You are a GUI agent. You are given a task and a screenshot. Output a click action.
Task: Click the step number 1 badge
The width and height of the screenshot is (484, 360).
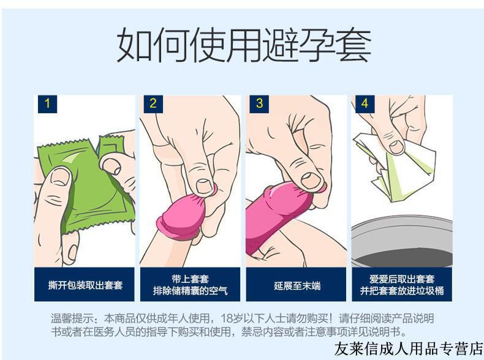tap(47, 103)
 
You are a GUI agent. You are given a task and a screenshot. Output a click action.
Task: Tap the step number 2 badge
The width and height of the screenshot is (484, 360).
tap(153, 103)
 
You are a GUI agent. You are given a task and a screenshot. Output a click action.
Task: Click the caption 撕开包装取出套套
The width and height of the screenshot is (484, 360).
tap(85, 285)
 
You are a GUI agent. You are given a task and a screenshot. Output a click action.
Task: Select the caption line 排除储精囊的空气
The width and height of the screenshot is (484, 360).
tap(191, 291)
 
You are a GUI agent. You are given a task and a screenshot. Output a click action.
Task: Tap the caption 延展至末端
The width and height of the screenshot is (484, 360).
tap(297, 285)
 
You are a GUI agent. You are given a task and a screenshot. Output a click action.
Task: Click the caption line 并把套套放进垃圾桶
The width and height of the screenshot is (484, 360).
tap(402, 291)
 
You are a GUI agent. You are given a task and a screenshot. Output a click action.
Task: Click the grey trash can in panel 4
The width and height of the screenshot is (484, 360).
tap(401, 242)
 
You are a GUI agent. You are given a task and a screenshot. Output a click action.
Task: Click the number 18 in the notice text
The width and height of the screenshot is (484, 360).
tap(240, 318)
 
